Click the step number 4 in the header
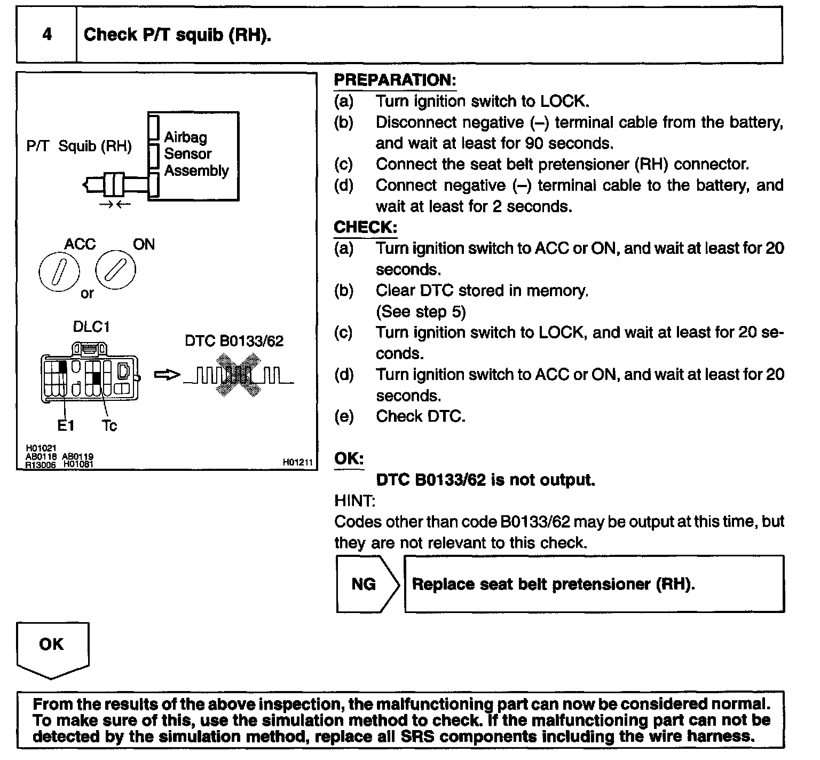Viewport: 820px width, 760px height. tap(47, 35)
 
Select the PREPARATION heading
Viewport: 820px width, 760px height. tap(395, 80)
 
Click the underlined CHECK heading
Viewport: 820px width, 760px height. tap(365, 227)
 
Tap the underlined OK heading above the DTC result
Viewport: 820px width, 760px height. tap(349, 459)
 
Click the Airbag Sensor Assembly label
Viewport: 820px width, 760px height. tap(196, 154)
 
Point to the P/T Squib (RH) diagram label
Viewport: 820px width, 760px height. tap(78, 146)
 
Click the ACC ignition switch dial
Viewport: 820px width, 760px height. tap(59, 272)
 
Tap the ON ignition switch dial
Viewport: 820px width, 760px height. tap(115, 270)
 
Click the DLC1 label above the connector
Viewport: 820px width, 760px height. tap(91, 327)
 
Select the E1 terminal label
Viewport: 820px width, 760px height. tap(66, 426)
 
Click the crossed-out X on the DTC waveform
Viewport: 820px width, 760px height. tap(238, 375)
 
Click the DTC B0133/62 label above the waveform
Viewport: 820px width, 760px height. tap(234, 341)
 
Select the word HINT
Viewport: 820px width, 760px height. tap(354, 501)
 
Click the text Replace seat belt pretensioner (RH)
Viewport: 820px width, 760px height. tap(554, 584)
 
